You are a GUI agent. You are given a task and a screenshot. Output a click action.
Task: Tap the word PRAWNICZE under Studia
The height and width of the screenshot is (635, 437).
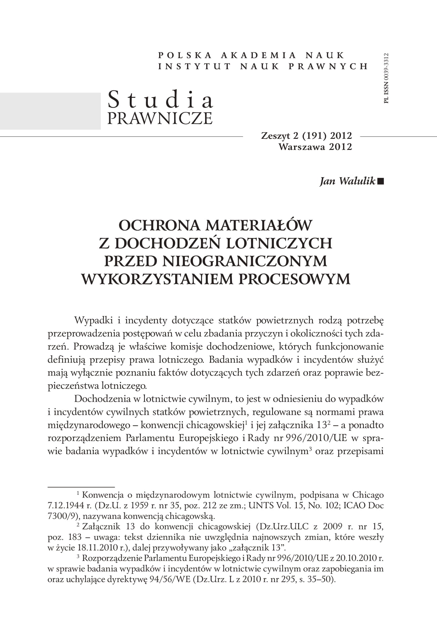[x=160, y=118]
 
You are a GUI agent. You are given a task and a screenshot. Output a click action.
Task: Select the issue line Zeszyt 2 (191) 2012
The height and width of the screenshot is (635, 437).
[x=306, y=136]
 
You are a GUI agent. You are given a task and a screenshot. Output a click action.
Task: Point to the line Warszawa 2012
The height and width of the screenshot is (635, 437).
[x=315, y=147]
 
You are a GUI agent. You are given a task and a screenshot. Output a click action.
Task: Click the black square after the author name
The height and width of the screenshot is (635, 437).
[x=381, y=182]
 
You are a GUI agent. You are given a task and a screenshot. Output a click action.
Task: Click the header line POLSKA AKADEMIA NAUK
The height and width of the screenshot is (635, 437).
[x=251, y=55]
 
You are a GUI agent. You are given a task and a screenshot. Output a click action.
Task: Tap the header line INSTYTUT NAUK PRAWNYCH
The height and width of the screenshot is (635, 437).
[x=263, y=66]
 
